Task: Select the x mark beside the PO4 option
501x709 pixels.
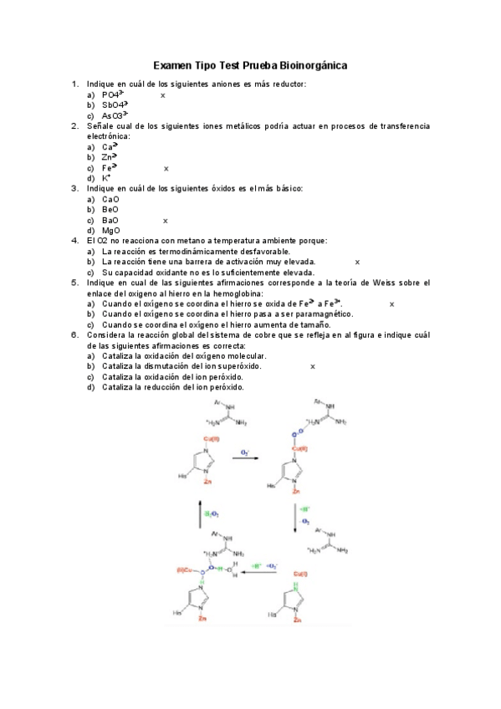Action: pyautogui.click(x=163, y=95)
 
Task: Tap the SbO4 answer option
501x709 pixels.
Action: pyautogui.click(x=115, y=105)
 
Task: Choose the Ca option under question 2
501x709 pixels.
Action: pyautogui.click(x=109, y=146)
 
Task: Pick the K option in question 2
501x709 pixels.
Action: pyautogui.click(x=106, y=178)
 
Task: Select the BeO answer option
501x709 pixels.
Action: pyautogui.click(x=110, y=210)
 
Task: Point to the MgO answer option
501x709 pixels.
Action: pyautogui.click(x=111, y=231)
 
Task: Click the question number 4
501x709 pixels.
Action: pyautogui.click(x=74, y=241)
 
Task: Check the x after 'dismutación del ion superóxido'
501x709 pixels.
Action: pyautogui.click(x=313, y=366)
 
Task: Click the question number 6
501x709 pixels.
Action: pyautogui.click(x=74, y=335)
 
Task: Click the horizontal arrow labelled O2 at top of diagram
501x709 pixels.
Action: pyautogui.click(x=244, y=458)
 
